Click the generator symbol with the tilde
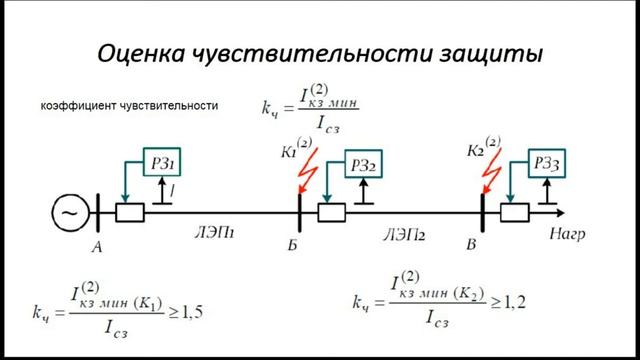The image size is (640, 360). tap(70, 212)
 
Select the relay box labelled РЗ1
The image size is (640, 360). tap(167, 163)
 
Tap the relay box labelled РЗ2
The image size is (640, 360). tap(362, 163)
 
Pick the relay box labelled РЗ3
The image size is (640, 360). tap(547, 163)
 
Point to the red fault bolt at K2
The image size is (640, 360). tap(488, 172)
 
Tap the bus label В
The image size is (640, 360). tap(473, 244)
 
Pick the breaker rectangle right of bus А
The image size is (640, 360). tap(130, 212)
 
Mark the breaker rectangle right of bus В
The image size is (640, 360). tap(515, 212)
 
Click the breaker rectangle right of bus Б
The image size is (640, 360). tap(332, 212)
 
